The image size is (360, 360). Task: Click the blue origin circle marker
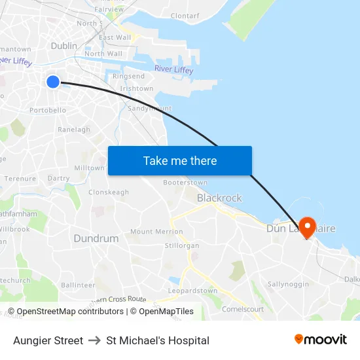pyautogui.click(x=53, y=81)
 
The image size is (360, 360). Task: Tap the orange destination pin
pyautogui.click(x=306, y=226)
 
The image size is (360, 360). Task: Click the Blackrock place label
pyautogui.click(x=219, y=198)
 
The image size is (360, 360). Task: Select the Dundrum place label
pyautogui.click(x=96, y=238)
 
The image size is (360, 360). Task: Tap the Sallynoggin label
pyautogui.click(x=288, y=284)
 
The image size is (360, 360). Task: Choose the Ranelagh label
pyautogui.click(x=74, y=130)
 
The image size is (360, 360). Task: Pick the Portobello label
pyautogui.click(x=48, y=110)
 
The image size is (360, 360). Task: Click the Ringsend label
pyautogui.click(x=129, y=77)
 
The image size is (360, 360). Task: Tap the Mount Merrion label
pyautogui.click(x=156, y=232)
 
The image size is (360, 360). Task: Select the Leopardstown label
pyautogui.click(x=192, y=291)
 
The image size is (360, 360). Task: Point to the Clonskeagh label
pyautogui.click(x=109, y=192)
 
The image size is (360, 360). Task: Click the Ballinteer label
pyautogui.click(x=78, y=285)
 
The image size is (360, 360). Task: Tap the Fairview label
pyautogui.click(x=109, y=10)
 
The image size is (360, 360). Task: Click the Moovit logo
pyautogui.click(x=321, y=340)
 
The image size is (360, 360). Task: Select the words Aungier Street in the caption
pyautogui.click(x=48, y=340)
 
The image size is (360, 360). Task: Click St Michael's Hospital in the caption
pyautogui.click(x=158, y=340)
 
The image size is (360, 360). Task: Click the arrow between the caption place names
pyautogui.click(x=94, y=340)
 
